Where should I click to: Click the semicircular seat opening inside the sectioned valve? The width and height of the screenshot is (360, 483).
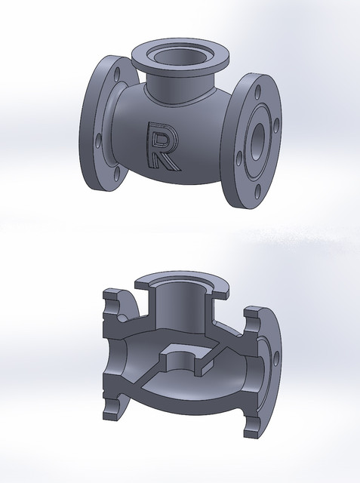point(181,357)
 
